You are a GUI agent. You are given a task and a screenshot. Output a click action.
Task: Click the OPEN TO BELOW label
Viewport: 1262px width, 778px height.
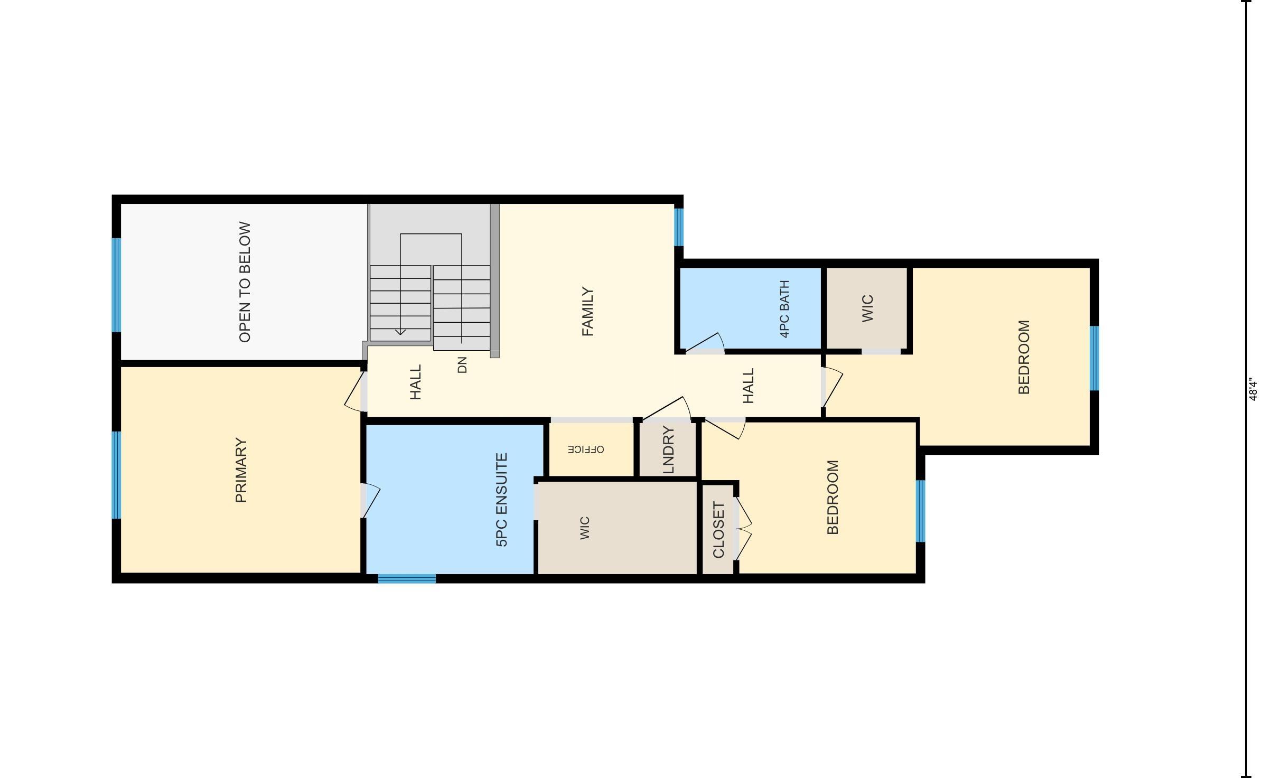coord(245,282)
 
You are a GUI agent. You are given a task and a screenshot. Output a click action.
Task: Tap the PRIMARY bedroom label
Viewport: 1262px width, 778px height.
coord(241,470)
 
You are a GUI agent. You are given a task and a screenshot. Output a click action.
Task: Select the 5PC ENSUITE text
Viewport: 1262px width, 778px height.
coord(502,500)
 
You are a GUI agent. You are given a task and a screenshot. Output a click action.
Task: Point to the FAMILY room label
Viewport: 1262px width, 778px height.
coord(587,312)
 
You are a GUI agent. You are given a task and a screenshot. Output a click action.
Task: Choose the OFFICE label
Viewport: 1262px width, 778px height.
coord(586,449)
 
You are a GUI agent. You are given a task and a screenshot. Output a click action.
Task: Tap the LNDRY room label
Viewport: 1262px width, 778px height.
coord(668,450)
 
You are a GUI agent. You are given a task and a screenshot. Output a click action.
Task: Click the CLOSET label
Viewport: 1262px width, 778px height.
coord(718,530)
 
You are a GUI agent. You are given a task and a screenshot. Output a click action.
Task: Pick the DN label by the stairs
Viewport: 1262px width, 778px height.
coord(462,365)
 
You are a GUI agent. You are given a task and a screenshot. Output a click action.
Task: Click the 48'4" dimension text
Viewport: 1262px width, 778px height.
coord(1253,389)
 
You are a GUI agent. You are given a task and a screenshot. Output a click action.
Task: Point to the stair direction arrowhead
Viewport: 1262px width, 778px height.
coord(400,331)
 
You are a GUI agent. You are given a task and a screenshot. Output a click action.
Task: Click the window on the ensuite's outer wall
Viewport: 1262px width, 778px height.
coord(407,579)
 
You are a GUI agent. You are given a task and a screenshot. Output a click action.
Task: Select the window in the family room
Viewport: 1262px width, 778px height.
coord(679,227)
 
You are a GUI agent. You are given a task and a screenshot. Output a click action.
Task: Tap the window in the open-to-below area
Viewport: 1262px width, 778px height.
coord(116,285)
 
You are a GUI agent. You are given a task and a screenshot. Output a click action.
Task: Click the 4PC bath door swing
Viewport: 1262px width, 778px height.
coord(705,342)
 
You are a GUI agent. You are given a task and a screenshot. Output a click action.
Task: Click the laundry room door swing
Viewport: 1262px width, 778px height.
coord(667,410)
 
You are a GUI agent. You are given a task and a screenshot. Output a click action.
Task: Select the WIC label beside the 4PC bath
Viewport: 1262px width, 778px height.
coord(867,308)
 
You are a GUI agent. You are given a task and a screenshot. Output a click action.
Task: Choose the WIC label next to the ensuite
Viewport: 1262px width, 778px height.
coord(584,528)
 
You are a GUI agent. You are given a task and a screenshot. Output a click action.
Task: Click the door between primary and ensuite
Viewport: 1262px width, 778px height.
coord(370,500)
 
